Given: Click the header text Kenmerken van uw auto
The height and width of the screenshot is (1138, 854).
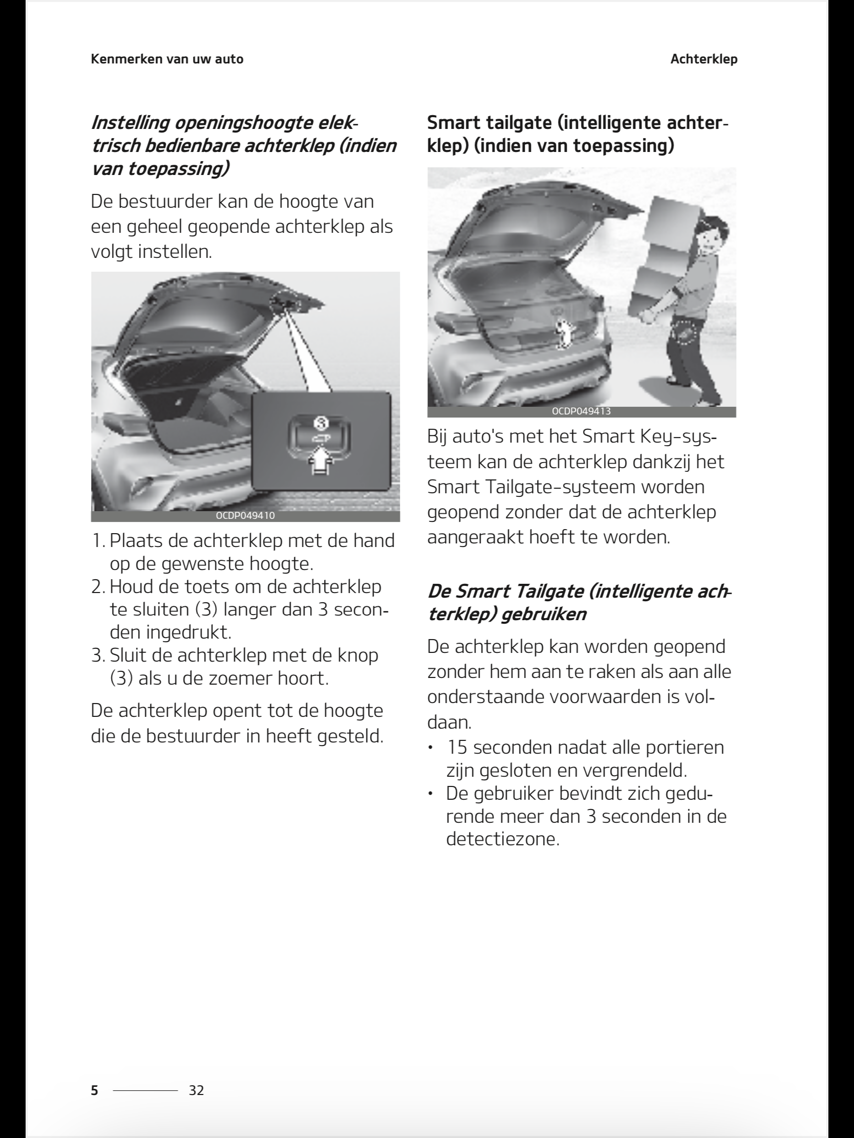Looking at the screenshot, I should coord(167,59).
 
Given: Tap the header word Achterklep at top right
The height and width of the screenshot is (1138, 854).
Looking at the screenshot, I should coord(703,59).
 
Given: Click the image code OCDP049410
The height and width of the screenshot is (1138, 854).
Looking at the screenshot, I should coord(245,515).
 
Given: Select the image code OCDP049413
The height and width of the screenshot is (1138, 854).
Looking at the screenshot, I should coord(581,411).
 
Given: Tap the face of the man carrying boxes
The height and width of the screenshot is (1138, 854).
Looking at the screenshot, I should coord(710,238).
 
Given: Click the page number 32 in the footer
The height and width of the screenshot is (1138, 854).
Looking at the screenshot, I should coord(196,1090).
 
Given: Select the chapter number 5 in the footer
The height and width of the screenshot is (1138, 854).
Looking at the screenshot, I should coord(94,1090).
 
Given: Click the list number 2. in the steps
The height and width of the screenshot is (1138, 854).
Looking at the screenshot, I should coord(98,586).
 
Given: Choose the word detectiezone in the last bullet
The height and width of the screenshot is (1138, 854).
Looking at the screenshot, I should coord(502,839).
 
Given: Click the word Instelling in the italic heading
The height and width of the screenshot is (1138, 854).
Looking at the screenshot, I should coord(130,123).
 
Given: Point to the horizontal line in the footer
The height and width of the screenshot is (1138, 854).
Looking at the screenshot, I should coord(145,1090).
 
